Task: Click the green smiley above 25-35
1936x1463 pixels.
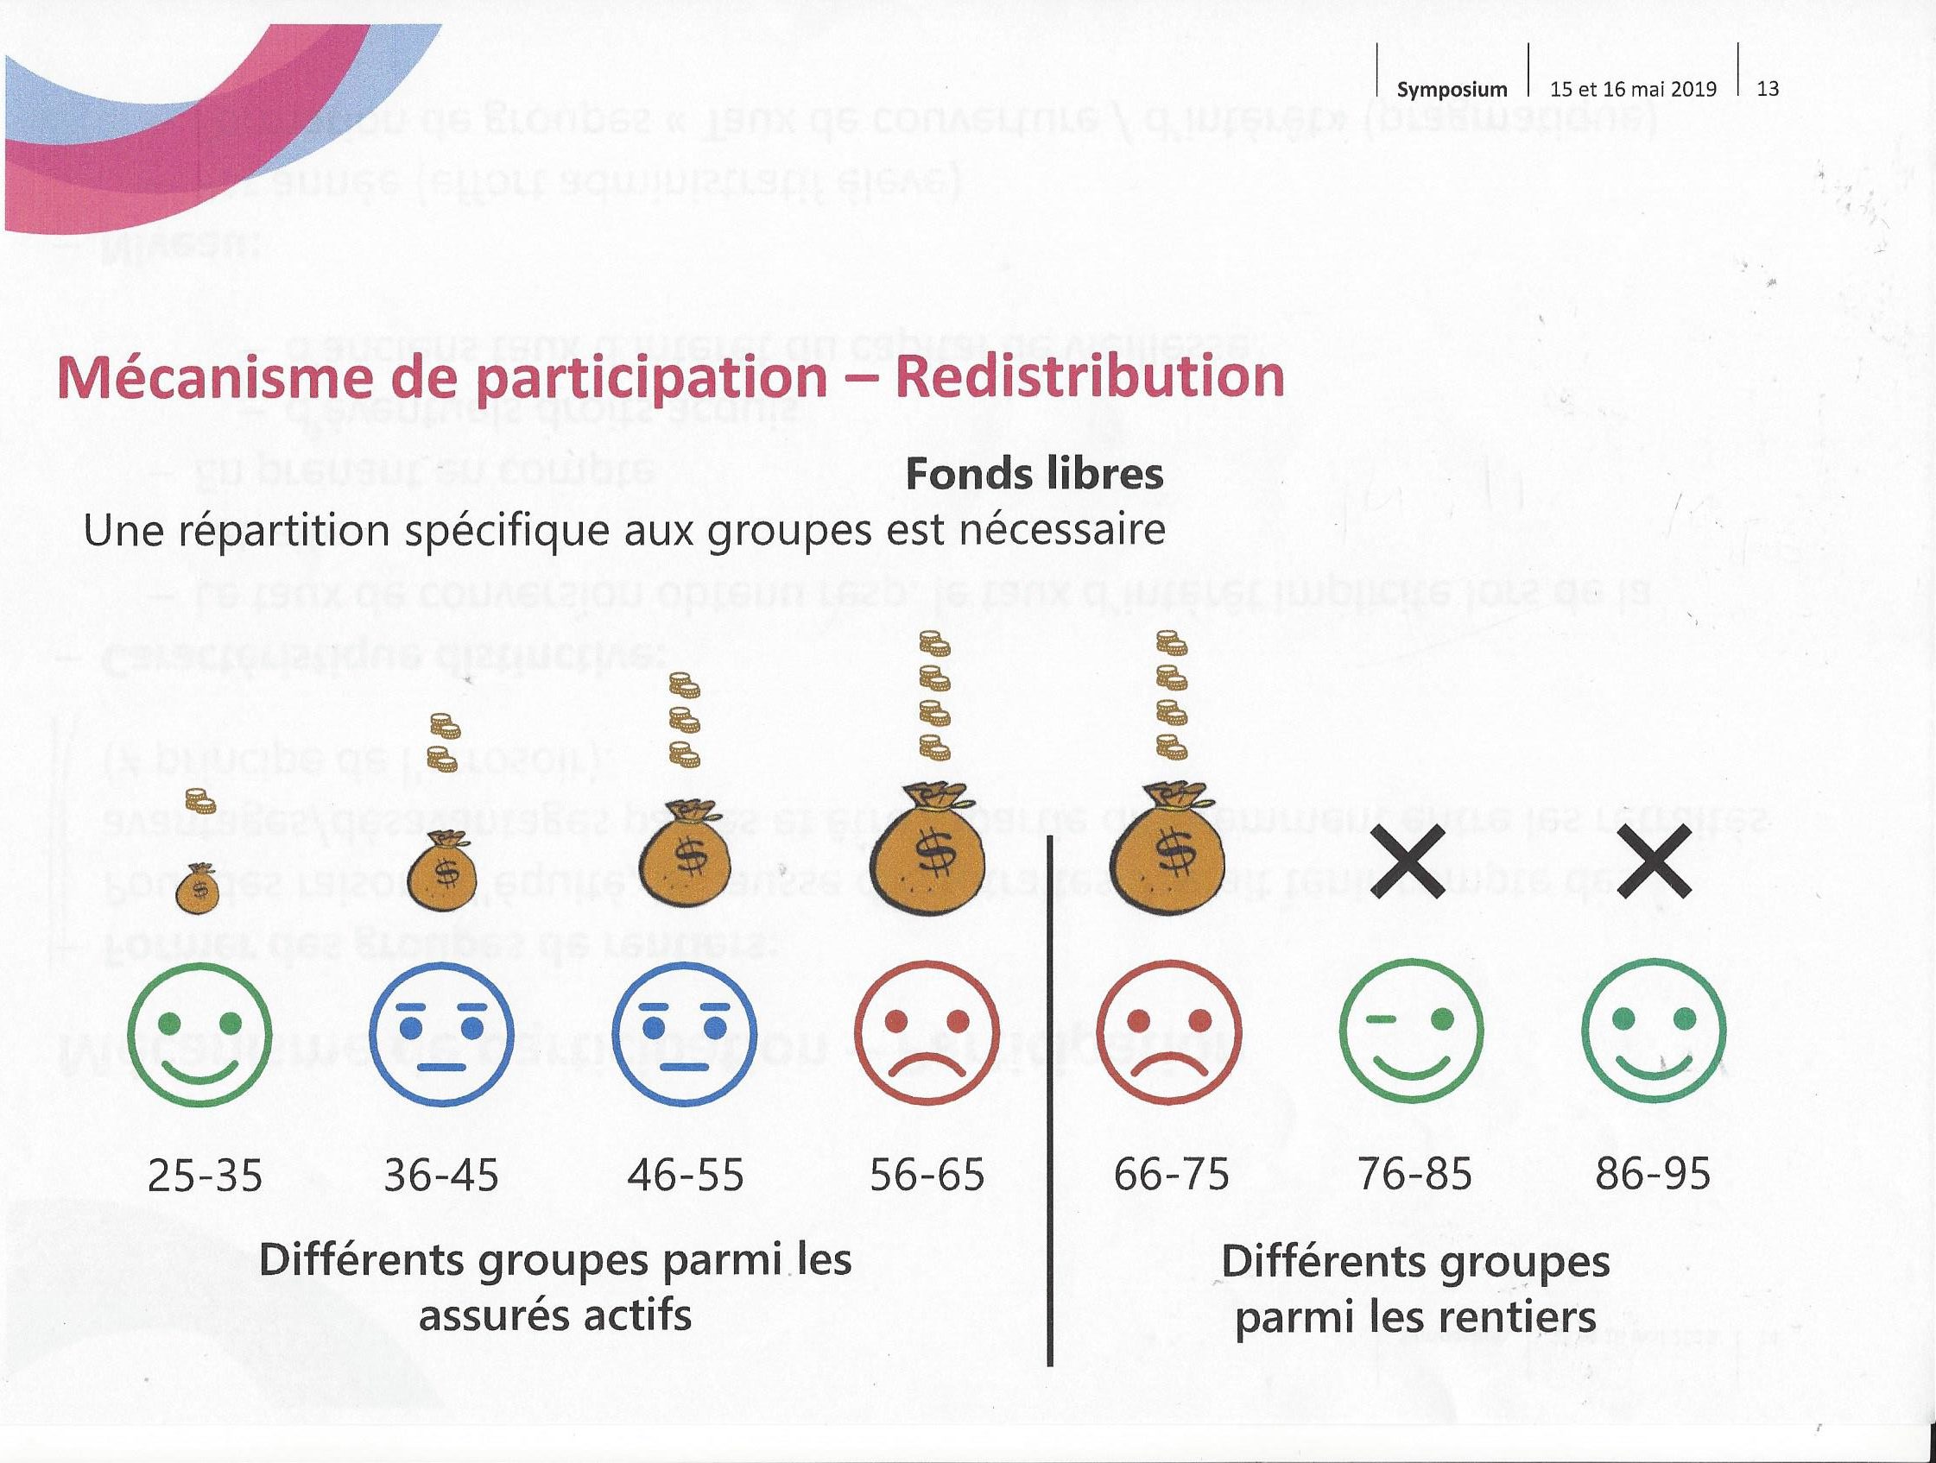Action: pos(199,1034)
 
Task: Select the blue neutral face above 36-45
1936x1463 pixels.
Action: pos(442,1034)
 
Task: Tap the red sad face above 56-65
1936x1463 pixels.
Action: pos(927,1034)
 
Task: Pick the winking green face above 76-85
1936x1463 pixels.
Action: pos(1411,1032)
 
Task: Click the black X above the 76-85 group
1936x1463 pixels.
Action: pos(1408,861)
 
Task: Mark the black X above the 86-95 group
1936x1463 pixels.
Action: pos(1654,861)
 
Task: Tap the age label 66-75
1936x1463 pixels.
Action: pos(1171,1174)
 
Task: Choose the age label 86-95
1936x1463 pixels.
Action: pos(1653,1174)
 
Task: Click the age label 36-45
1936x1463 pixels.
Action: pos(442,1174)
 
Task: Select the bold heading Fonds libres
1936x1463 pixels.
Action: pos(1034,474)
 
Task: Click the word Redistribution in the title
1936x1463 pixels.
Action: pos(1091,378)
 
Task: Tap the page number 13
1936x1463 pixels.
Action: pos(1768,88)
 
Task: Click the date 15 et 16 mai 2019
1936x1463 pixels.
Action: pos(1633,89)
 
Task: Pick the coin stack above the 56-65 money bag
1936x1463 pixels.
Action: pos(934,697)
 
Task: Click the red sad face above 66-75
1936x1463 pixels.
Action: pos(1169,1034)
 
